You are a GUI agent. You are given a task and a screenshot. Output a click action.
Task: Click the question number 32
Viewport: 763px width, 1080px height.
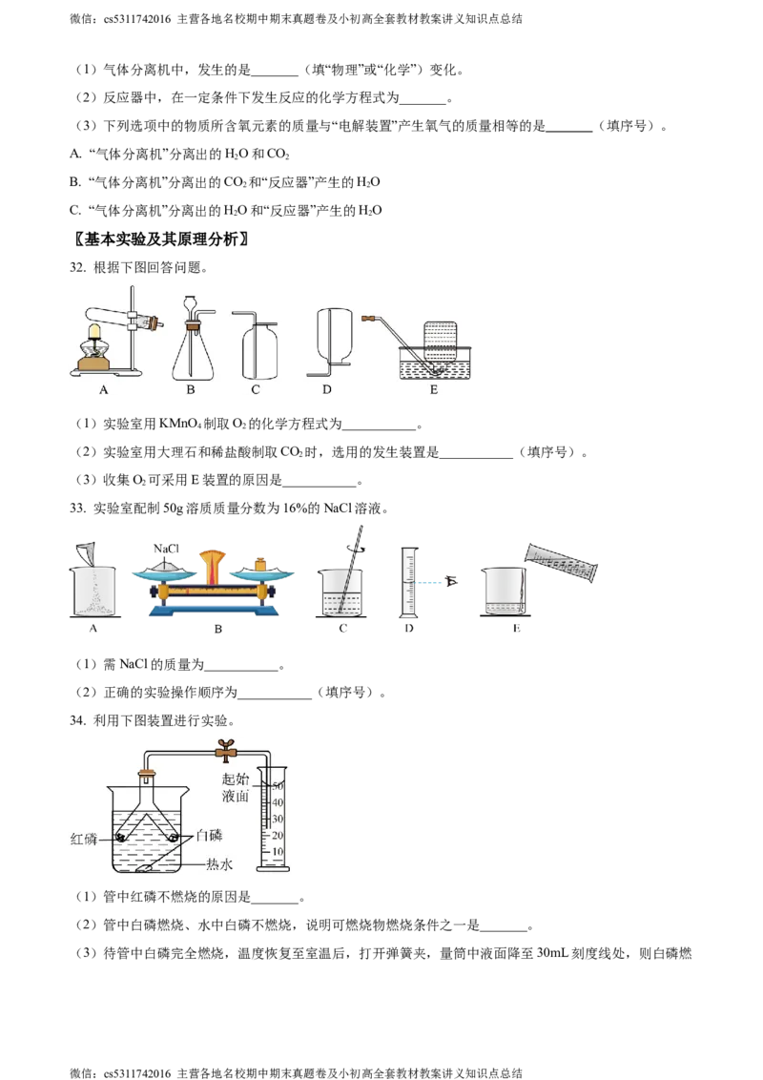78,267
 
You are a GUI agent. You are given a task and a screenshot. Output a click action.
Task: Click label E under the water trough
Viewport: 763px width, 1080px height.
434,390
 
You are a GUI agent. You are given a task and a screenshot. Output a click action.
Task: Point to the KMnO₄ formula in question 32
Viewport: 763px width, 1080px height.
180,424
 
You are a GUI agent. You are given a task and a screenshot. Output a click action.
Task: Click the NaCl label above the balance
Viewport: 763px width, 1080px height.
166,549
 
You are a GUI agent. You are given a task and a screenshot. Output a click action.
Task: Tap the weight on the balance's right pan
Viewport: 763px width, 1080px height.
261,564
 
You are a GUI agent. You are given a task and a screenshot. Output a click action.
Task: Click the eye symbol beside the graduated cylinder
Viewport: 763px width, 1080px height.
452,581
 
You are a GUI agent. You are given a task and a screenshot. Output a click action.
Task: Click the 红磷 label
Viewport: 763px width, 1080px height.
84,839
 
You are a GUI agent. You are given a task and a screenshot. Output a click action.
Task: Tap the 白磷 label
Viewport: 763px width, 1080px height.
209,836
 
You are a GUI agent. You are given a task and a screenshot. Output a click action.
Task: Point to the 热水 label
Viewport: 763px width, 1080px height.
219,864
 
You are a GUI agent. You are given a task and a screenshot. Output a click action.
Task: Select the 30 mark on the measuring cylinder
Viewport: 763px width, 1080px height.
278,819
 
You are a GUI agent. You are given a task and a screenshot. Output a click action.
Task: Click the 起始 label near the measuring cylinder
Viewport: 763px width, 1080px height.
236,779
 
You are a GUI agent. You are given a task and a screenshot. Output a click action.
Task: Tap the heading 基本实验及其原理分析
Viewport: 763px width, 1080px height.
161,239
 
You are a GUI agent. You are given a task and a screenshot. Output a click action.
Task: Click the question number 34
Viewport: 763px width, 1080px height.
78,720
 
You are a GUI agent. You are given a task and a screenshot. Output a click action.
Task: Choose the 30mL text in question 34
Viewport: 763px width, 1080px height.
552,953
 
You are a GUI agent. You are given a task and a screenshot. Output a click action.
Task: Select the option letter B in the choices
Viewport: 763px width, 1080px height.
74,182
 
